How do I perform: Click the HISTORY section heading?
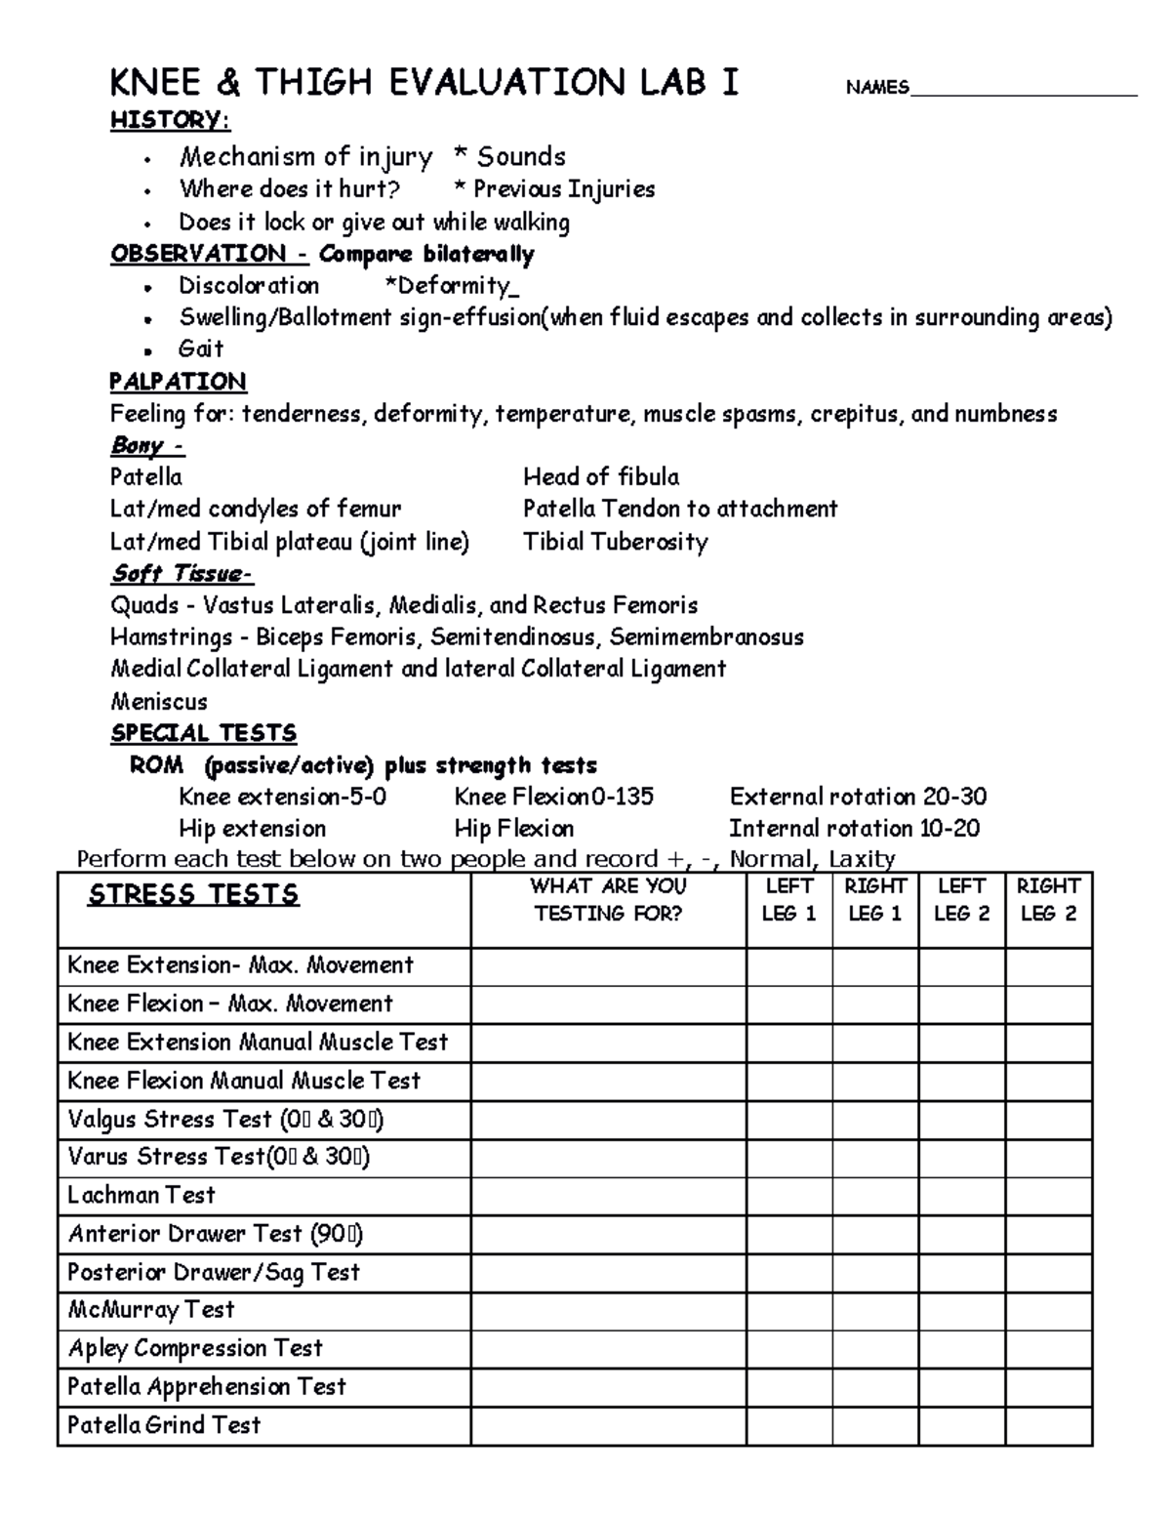[170, 120]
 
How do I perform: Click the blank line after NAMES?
[1023, 91]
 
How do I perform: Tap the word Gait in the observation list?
[201, 348]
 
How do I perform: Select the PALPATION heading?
[178, 381]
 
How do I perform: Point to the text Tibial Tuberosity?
[615, 542]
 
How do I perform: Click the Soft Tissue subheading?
[182, 573]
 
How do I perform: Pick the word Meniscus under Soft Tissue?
[158, 701]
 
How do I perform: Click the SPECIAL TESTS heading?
[203, 733]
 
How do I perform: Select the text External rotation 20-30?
[858, 797]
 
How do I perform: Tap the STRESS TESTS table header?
[193, 895]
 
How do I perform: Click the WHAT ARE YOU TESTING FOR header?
[608, 900]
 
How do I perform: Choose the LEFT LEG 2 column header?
[961, 900]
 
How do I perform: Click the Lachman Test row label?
[141, 1195]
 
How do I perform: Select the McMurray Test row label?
[151, 1310]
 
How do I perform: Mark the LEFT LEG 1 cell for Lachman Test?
[788, 1196]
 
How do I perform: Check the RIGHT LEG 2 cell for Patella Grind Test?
[1048, 1425]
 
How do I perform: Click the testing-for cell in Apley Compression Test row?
[608, 1349]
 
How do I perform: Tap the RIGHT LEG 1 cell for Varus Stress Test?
[874, 1158]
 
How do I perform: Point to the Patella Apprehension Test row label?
[206, 1387]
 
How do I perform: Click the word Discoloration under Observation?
[249, 286]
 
